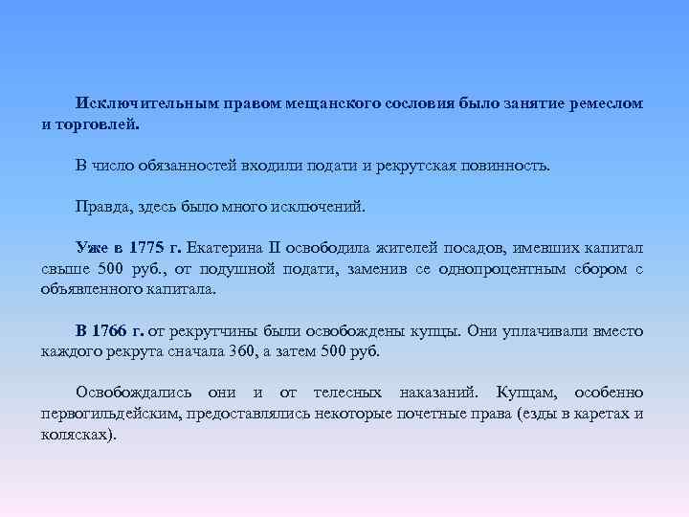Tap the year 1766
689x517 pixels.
116,330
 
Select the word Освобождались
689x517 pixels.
134,393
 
